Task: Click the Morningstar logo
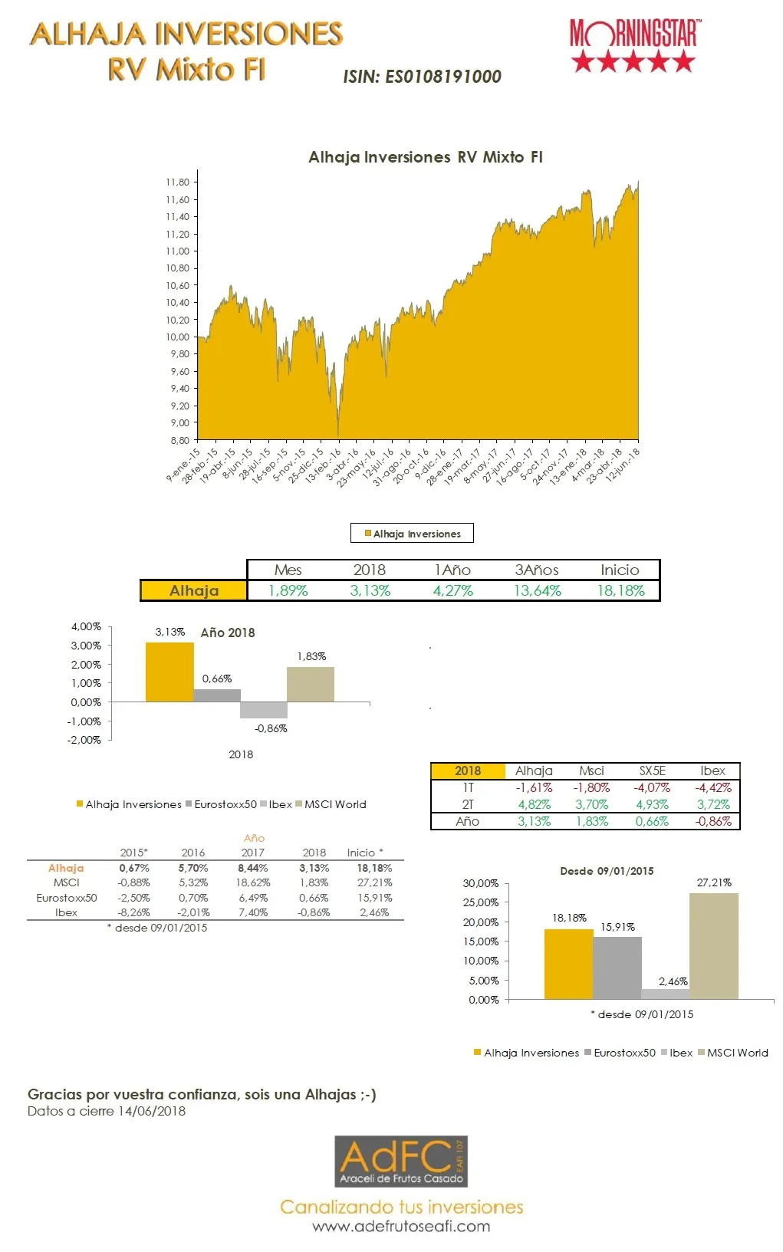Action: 633,46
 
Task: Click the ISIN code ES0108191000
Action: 422,77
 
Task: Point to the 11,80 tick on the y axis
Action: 177,182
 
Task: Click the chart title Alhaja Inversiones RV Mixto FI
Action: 425,157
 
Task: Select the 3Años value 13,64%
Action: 537,591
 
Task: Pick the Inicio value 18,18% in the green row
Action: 620,591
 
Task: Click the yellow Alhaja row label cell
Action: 194,590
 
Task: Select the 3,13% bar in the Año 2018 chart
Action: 169,672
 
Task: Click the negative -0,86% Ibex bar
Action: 264,710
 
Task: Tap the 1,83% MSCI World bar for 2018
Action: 311,684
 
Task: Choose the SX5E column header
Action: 652,771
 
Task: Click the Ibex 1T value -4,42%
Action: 712,788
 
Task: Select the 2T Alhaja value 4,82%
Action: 534,805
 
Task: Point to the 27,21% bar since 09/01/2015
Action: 713,946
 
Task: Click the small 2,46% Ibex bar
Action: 665,994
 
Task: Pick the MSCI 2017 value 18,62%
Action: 253,883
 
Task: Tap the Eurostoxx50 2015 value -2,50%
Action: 133,898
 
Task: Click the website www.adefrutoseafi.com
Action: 401,1227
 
